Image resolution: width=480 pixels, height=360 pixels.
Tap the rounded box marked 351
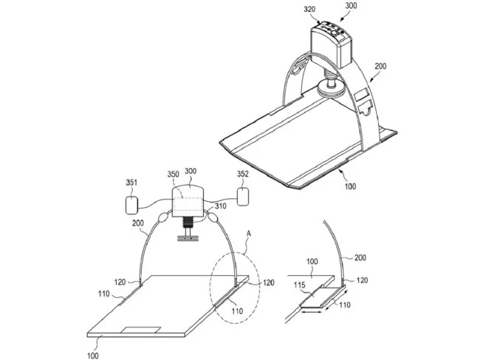131,203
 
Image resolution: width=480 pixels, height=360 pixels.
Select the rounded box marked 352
242,197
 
